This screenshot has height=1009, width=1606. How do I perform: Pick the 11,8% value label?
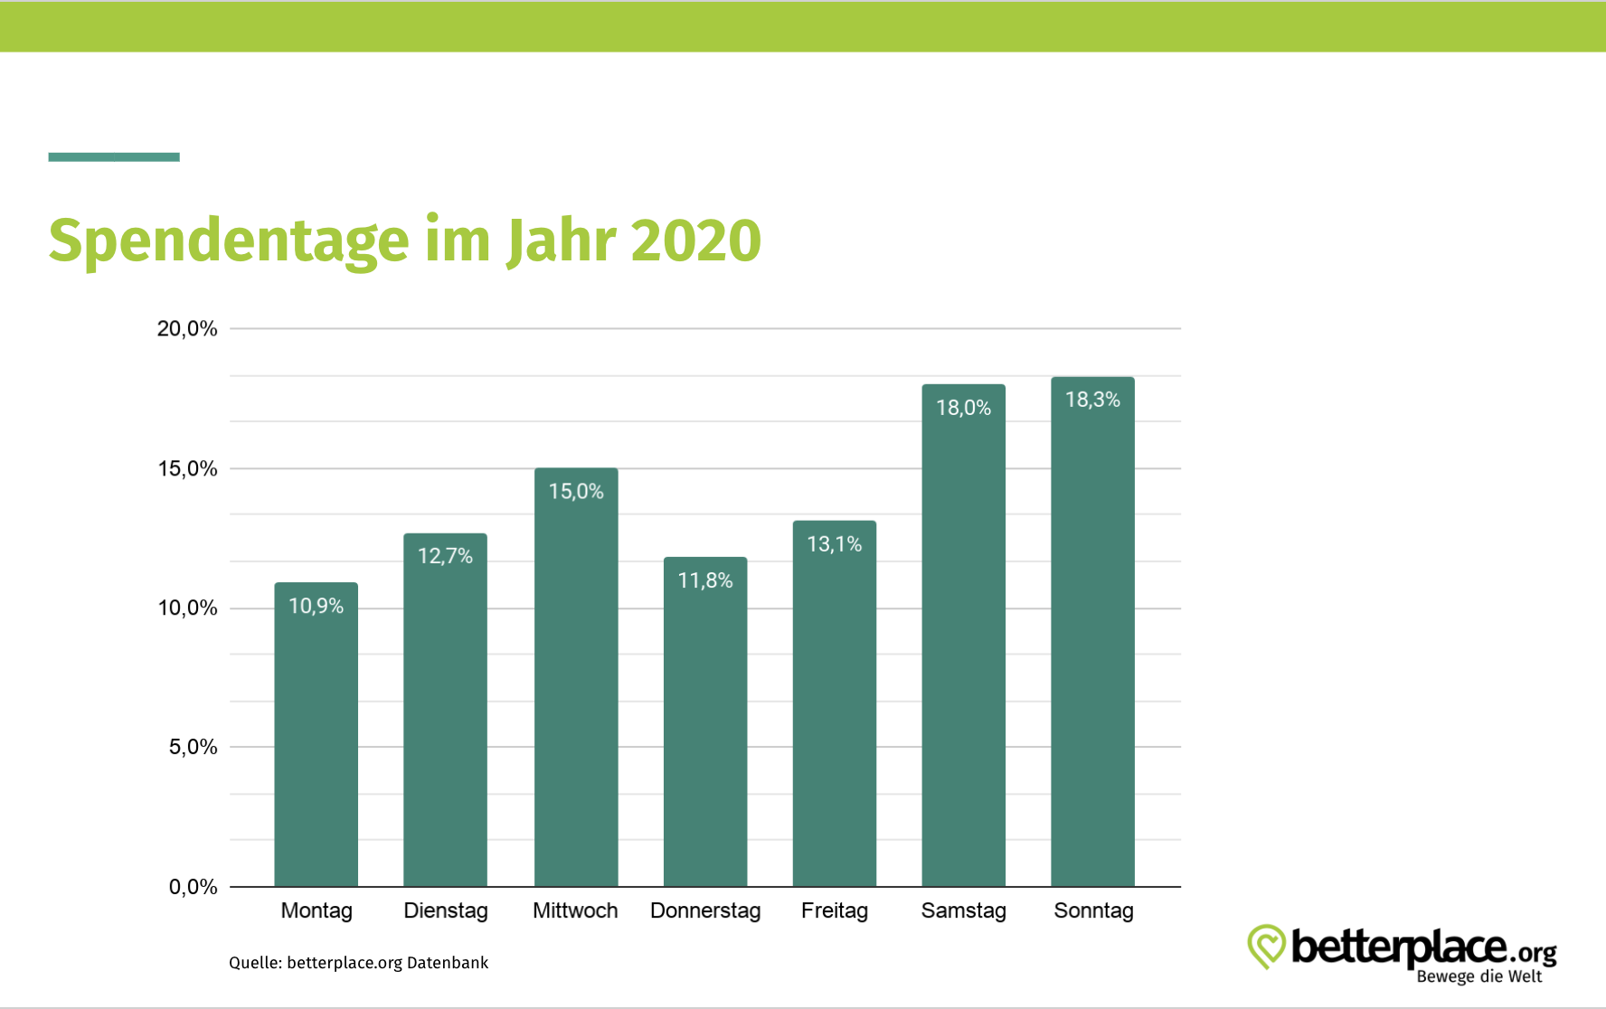click(704, 580)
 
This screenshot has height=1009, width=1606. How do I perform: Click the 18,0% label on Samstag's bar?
click(963, 408)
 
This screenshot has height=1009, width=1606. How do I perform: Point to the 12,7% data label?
click(445, 556)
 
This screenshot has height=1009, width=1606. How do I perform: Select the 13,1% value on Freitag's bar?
click(834, 544)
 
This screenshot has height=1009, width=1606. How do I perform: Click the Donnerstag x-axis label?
click(704, 910)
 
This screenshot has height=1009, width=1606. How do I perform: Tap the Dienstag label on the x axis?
click(445, 910)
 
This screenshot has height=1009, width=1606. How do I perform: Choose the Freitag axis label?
click(834, 910)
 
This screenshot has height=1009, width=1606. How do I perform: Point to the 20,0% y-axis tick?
click(187, 329)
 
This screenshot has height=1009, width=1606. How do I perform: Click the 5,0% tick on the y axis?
click(193, 747)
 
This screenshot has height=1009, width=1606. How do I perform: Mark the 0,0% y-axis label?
click(193, 887)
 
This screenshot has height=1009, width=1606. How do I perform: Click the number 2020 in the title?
click(695, 240)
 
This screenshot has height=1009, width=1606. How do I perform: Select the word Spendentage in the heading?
click(229, 242)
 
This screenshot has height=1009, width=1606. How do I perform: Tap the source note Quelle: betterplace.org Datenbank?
click(358, 963)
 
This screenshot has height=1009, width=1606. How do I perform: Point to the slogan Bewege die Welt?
click(1478, 976)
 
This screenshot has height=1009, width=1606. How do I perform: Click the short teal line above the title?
click(114, 157)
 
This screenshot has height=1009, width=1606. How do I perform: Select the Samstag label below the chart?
click(963, 910)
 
